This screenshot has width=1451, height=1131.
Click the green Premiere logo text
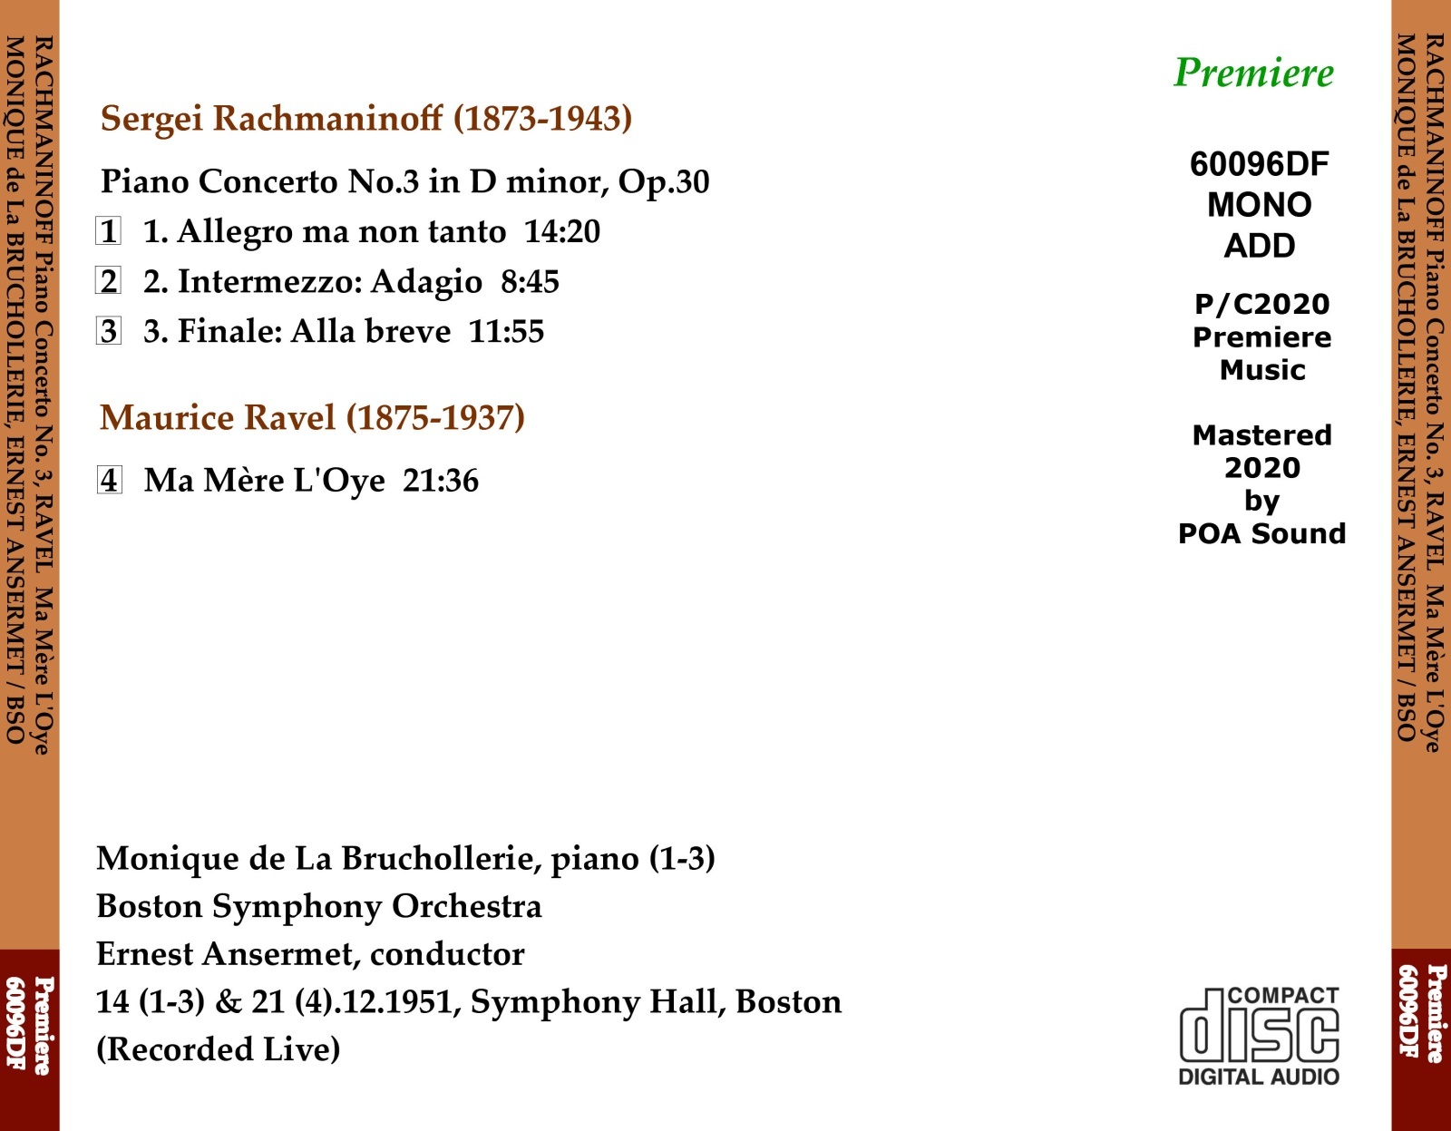[1253, 73]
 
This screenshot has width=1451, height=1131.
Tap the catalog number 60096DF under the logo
[1259, 164]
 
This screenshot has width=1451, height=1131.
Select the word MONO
[1259, 205]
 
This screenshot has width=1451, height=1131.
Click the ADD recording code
[1259, 246]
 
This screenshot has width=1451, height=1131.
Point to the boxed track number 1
[109, 231]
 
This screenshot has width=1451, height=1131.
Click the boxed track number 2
[109, 281]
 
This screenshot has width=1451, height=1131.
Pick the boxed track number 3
[109, 331]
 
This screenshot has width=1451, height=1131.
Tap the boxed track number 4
[109, 480]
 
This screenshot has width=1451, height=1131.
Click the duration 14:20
[562, 232]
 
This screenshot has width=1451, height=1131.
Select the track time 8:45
[530, 282]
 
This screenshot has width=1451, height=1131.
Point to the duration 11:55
[506, 332]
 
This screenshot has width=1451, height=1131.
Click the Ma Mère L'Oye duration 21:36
[441, 481]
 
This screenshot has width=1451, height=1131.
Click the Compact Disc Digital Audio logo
[1259, 1036]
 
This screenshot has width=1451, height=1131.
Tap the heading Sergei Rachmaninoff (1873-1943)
[366, 119]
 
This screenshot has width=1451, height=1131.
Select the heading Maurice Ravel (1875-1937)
[312, 418]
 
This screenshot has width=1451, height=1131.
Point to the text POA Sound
[1261, 533]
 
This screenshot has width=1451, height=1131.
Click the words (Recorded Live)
[219, 1049]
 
